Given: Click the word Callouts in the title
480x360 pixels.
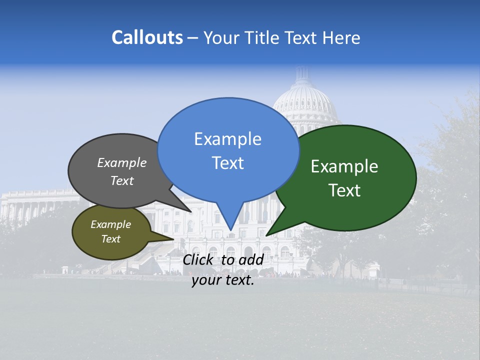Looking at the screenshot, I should (x=147, y=37).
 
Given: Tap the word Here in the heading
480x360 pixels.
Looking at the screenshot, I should (x=341, y=37).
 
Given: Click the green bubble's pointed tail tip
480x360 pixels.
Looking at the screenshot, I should (x=266, y=235).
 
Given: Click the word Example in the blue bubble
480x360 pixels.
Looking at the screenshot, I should (x=227, y=139).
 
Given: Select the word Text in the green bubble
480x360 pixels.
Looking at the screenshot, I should (x=344, y=190).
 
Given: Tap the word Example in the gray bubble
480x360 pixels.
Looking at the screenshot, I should (x=122, y=162).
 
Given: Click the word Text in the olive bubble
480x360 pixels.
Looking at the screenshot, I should (x=111, y=239).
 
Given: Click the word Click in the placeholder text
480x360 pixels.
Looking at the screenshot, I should (x=199, y=259).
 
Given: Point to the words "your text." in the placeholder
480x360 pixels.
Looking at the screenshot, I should (x=223, y=280).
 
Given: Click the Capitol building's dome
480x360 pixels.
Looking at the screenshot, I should (x=305, y=100).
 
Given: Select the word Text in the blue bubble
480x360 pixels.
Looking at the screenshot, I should (x=228, y=163).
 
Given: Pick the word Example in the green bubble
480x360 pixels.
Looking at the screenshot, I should (x=344, y=166).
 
